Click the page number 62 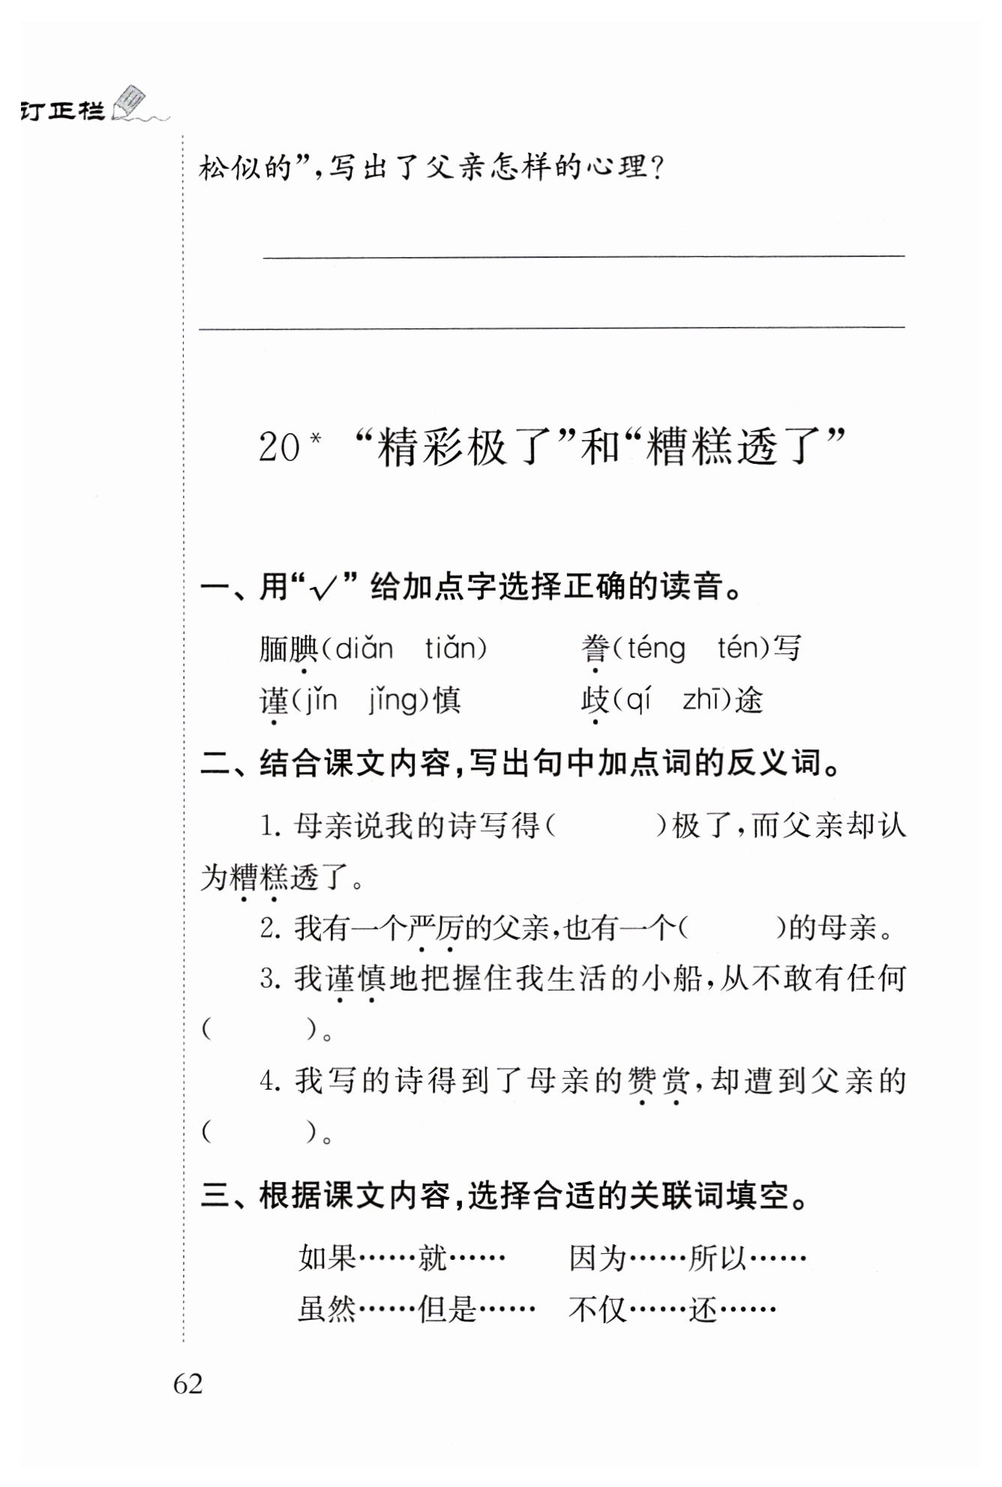tap(187, 1383)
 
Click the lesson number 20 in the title tap(279, 447)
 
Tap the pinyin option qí tap(637, 701)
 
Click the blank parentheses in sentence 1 tap(605, 826)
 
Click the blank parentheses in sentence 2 tap(730, 928)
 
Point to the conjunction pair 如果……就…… tap(401, 1257)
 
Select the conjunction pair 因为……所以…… tap(687, 1257)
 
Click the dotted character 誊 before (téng tap(595, 648)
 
